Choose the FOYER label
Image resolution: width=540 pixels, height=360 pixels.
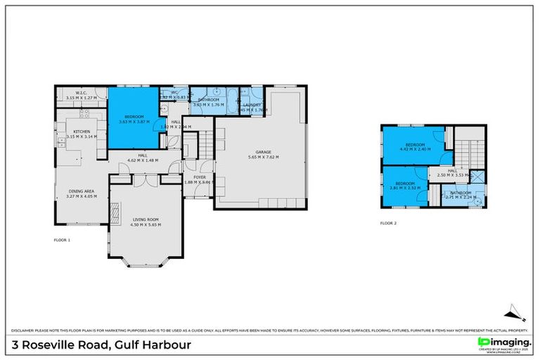tap(200, 177)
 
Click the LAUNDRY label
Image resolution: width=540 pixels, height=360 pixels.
tap(251, 105)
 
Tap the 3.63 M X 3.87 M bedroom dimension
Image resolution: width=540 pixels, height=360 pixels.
tap(134, 122)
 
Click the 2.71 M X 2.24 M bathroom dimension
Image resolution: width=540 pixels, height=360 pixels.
tap(461, 198)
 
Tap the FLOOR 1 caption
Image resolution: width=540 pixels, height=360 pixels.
tap(63, 240)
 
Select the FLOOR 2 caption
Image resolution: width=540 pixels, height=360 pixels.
tap(388, 223)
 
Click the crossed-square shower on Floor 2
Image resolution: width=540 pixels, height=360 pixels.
tap(476, 177)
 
